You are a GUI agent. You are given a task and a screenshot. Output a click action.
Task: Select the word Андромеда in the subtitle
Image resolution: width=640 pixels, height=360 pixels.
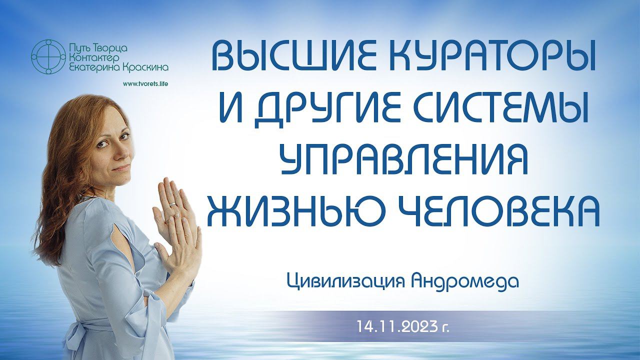[464, 281]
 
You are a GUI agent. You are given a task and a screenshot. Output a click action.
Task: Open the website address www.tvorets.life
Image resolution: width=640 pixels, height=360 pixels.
[145, 83]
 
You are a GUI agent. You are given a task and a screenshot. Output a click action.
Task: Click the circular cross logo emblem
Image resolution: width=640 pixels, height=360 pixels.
[48, 57]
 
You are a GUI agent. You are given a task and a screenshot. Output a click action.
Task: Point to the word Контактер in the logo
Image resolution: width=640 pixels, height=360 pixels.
[92, 58]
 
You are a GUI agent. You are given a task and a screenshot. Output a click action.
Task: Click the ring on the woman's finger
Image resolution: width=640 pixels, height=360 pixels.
[173, 204]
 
